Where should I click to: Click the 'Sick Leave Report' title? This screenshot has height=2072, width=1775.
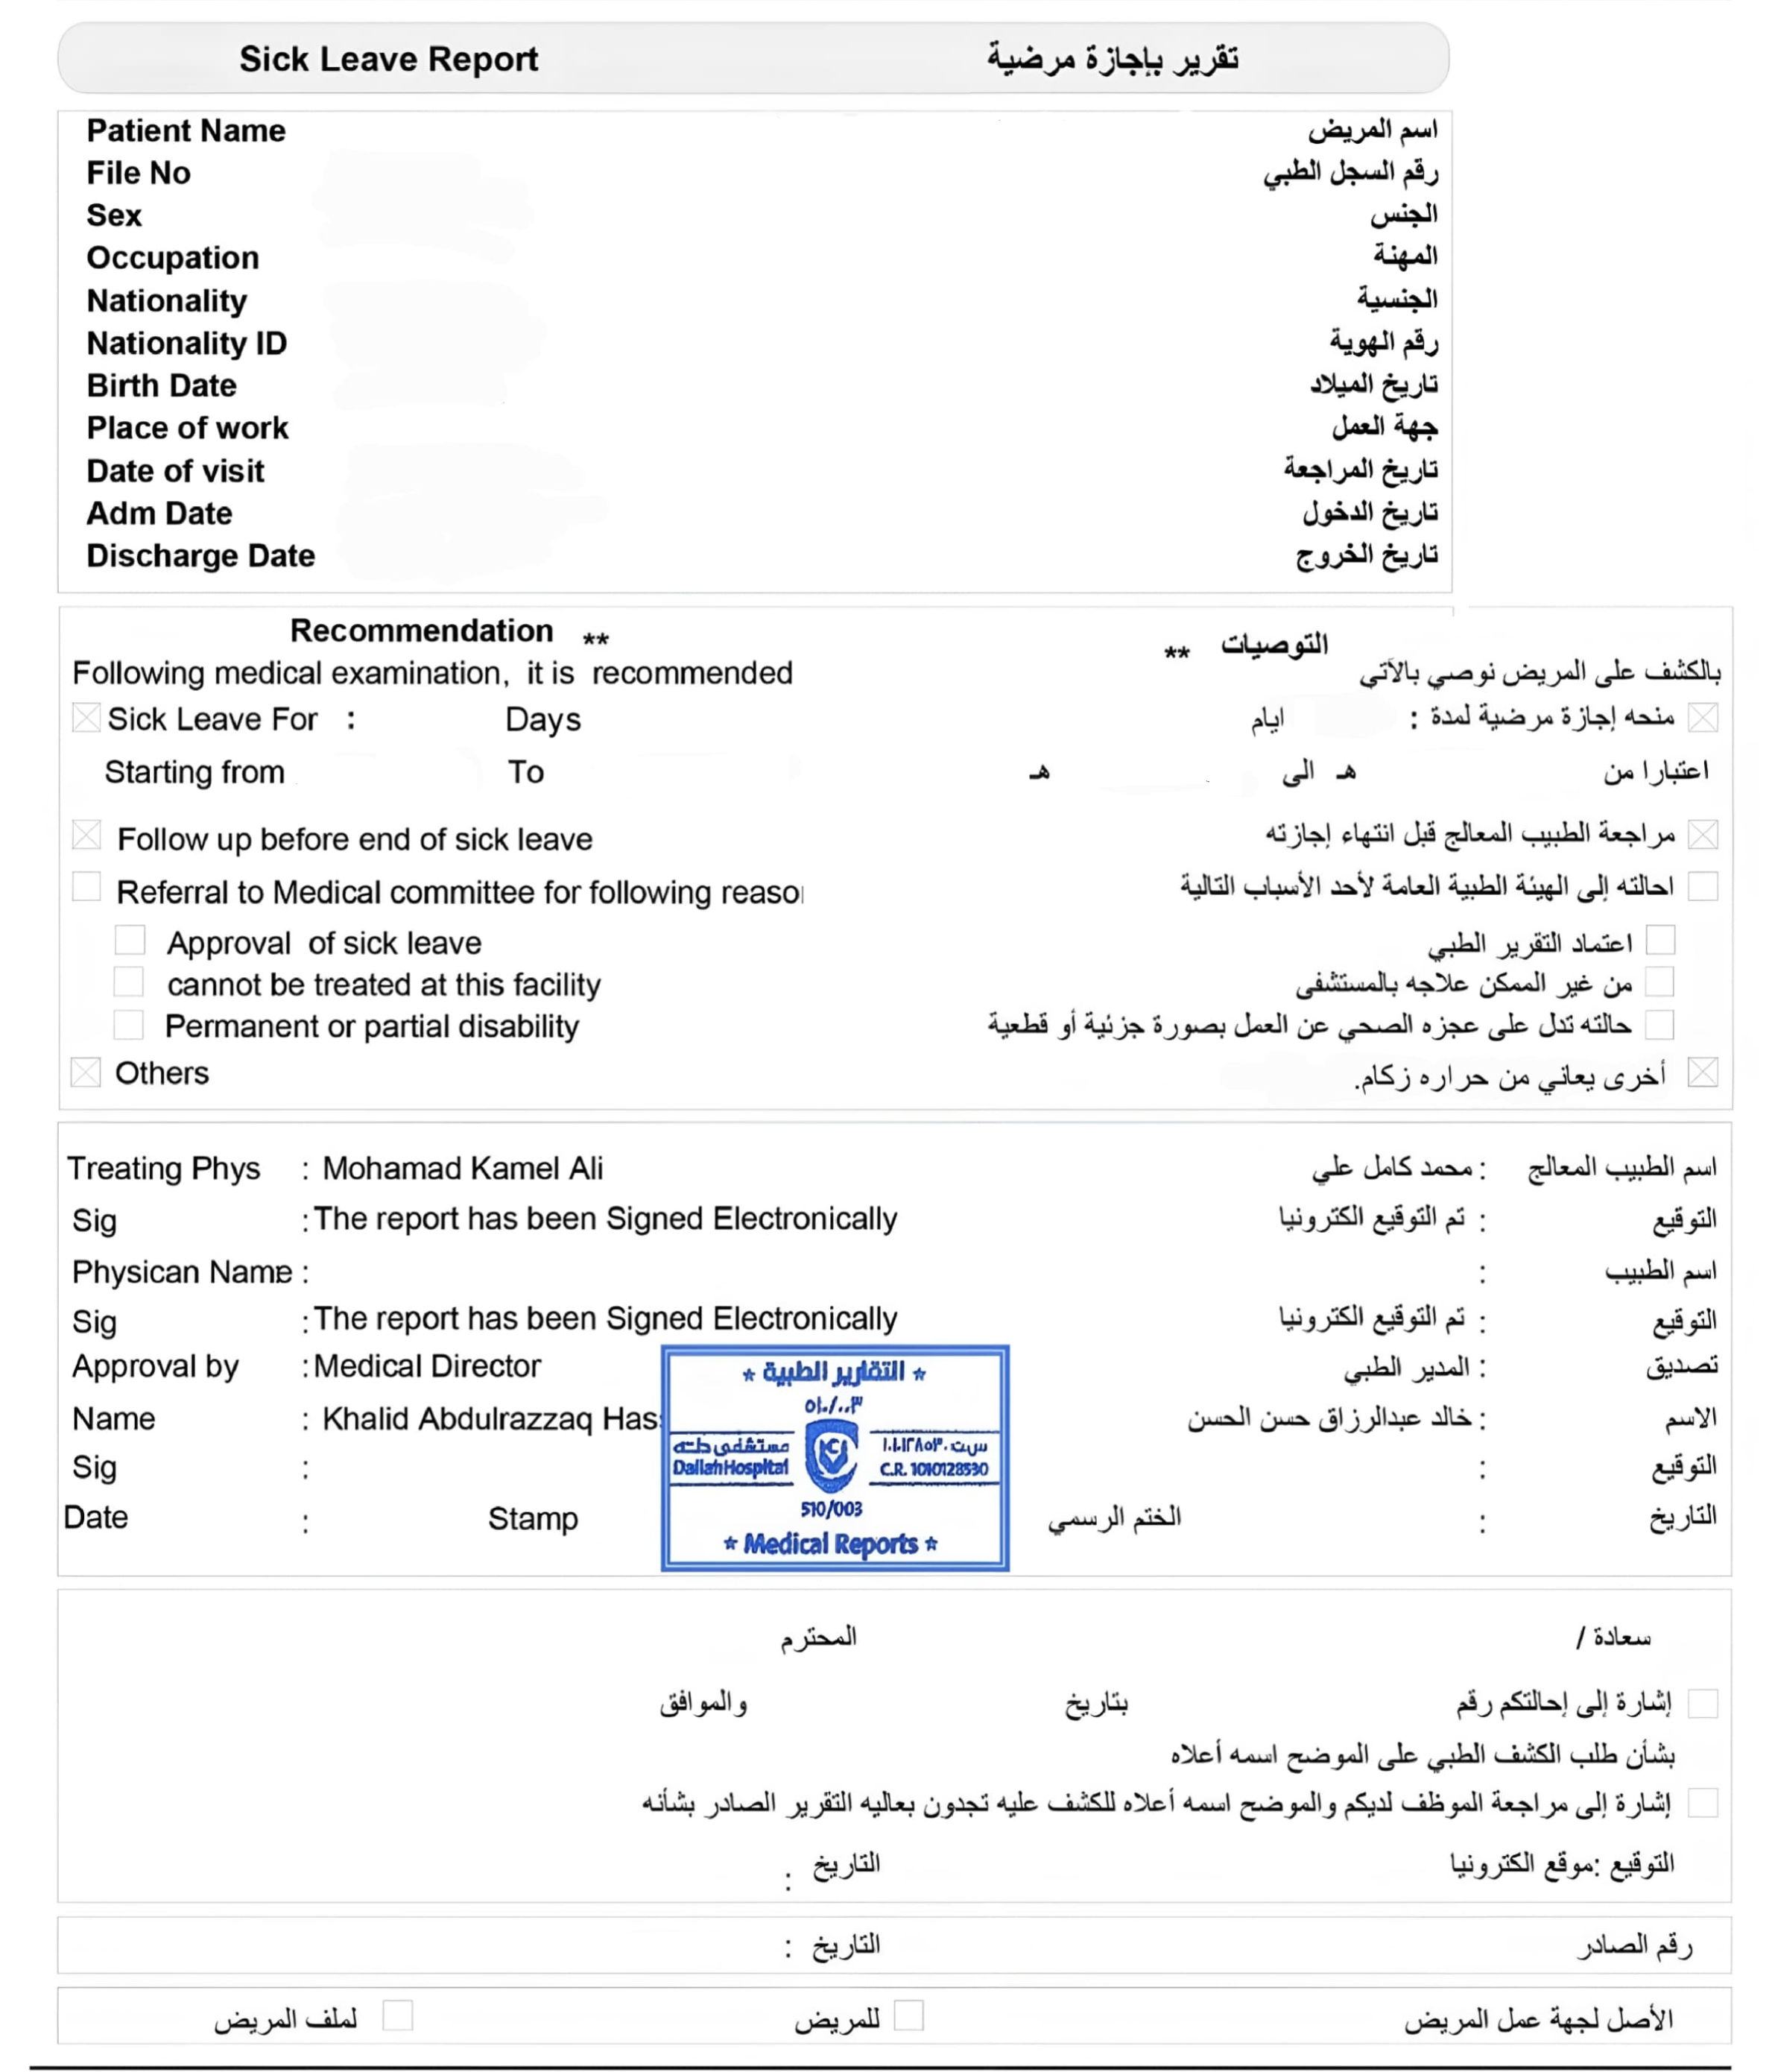click(x=388, y=59)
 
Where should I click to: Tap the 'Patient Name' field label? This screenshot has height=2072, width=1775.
click(x=186, y=131)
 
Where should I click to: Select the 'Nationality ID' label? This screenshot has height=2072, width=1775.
click(x=187, y=343)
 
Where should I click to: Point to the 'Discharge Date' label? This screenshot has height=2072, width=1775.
click(x=200, y=555)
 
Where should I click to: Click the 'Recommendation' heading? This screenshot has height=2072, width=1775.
click(x=421, y=631)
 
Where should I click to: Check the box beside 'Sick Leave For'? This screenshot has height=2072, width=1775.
click(x=86, y=718)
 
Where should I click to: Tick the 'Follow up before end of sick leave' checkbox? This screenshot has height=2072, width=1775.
click(x=86, y=835)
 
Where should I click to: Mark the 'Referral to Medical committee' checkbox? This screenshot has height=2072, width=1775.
click(x=86, y=887)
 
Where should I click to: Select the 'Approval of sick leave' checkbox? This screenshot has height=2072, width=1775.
click(x=129, y=940)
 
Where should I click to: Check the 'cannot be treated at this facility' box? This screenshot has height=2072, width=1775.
click(x=128, y=982)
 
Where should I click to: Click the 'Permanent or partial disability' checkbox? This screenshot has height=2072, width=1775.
click(x=128, y=1024)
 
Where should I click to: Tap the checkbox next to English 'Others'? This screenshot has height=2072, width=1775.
click(x=85, y=1072)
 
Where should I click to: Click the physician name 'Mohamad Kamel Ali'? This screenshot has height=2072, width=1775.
click(x=462, y=1168)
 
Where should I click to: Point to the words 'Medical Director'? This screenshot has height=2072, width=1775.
click(x=427, y=1366)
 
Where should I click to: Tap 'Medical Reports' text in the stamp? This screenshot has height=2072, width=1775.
click(x=830, y=1544)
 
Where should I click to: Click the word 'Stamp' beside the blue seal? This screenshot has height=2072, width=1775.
click(x=533, y=1519)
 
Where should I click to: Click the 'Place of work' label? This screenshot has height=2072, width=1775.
click(x=187, y=428)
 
